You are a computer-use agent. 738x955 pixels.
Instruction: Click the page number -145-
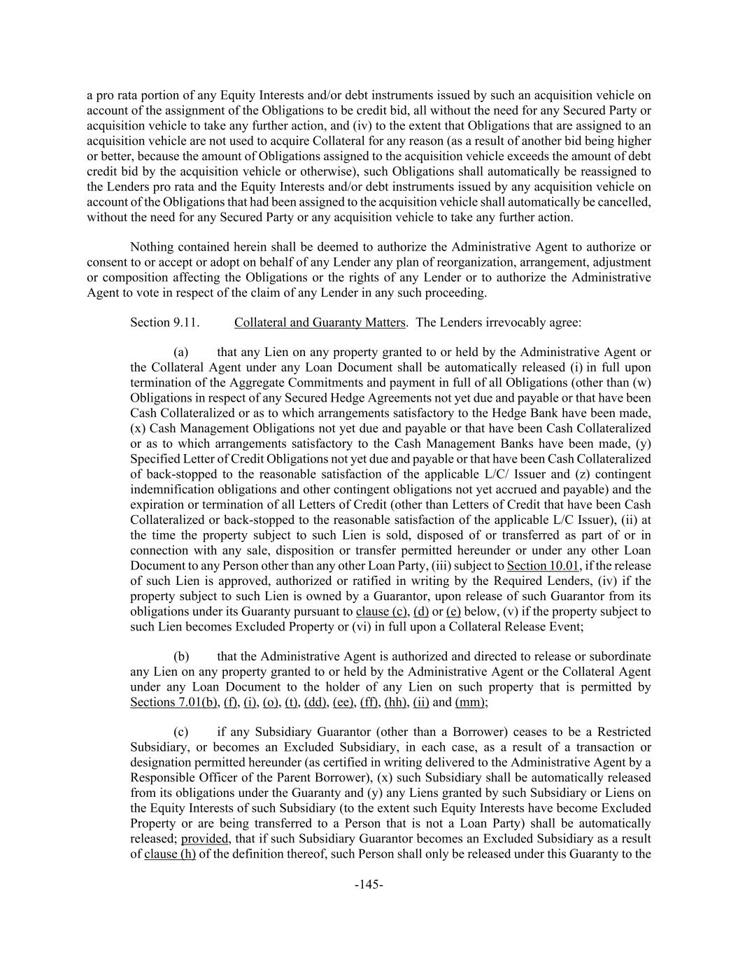coord(369,885)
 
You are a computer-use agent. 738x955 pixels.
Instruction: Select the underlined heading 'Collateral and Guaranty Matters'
coord(320,323)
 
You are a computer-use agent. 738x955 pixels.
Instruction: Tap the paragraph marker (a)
coord(181,352)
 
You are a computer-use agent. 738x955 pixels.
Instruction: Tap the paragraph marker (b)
coord(181,656)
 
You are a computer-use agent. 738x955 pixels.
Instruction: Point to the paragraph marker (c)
coord(181,732)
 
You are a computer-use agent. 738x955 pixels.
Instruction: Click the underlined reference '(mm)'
coord(470,702)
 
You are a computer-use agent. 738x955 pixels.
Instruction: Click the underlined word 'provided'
coord(204,838)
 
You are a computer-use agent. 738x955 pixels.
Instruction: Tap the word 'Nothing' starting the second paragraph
coord(151,247)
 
